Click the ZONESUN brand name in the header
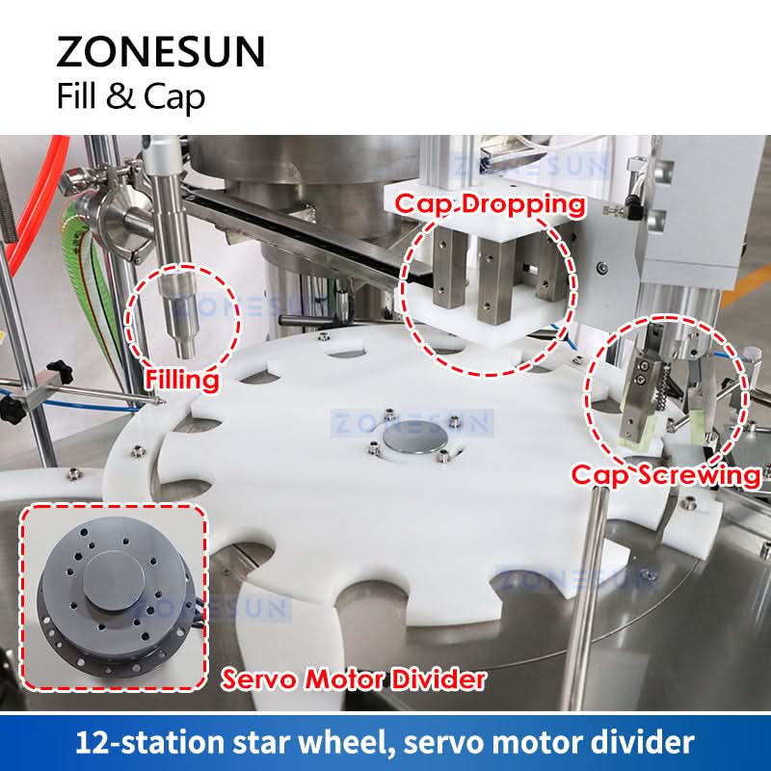[161, 51]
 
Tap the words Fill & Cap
[131, 96]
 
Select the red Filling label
[182, 380]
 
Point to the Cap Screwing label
[666, 475]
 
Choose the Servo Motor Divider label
[354, 679]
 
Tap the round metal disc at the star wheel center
[415, 438]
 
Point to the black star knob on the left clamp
[59, 369]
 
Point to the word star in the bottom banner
[262, 743]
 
